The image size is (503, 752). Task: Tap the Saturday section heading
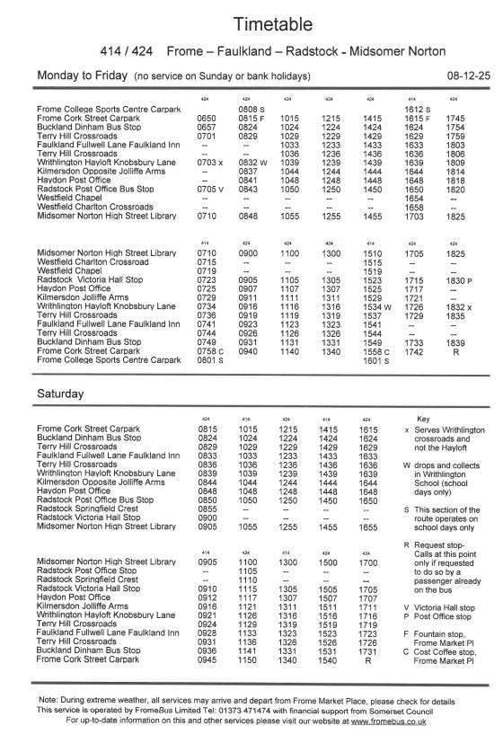62,394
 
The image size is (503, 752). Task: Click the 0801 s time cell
208,360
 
